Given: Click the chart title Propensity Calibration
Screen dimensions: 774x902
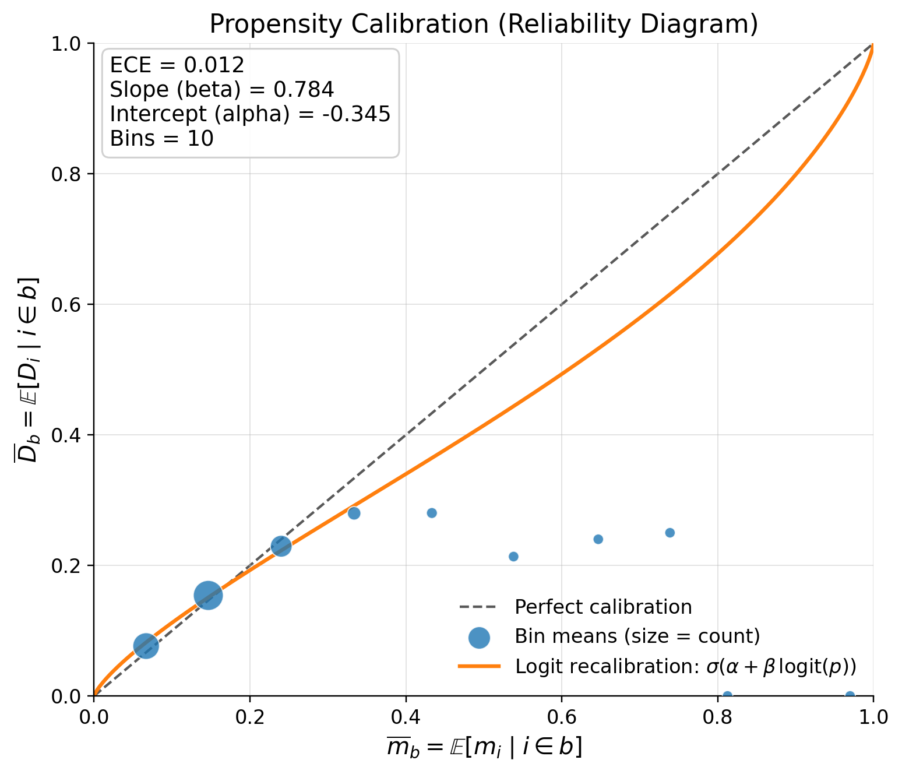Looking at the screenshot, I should point(483,24).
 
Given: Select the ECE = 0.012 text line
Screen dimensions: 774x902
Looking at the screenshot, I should point(177,65).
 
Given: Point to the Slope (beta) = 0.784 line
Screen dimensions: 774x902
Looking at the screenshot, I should point(221,89).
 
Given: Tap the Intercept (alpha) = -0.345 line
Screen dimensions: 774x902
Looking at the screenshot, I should point(249,114).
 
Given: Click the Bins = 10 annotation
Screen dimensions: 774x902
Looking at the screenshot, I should point(161,138).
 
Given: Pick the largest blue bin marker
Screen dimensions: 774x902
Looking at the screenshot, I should point(208,595).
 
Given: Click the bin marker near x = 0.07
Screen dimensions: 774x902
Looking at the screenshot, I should point(146,646).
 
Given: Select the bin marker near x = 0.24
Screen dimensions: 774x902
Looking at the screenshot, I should point(281,546).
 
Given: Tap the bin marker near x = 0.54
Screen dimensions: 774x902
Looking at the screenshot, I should point(513,557).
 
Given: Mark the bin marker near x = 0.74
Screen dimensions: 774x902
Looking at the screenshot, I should point(670,533).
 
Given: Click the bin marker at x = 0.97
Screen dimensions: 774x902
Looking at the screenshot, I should point(850,695).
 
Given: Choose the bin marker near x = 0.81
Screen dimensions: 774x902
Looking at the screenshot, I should point(727,695).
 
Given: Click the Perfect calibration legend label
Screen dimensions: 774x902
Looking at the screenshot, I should point(603,607).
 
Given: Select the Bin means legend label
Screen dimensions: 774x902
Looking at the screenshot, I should point(637,636).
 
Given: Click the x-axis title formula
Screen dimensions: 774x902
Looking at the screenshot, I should point(484,748).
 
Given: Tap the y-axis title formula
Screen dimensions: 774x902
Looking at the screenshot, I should point(27,370).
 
